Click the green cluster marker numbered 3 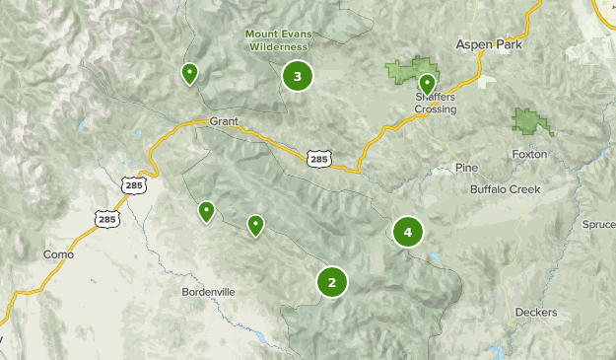[297, 76]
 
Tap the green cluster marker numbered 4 [407, 232]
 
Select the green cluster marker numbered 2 [332, 283]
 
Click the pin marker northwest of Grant [188, 73]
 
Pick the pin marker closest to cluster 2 [255, 226]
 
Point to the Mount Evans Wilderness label [278, 39]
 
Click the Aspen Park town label [488, 45]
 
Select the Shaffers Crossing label [435, 104]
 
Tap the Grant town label [224, 122]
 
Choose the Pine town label [466, 168]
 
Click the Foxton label [529, 155]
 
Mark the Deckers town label [536, 313]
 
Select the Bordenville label [209, 292]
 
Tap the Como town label [58, 254]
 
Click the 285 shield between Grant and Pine [318, 157]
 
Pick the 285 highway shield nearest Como [106, 219]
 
